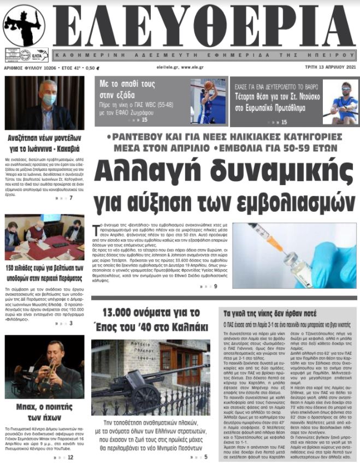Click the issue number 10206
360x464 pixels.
[43, 68]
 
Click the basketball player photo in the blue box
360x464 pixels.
[206, 101]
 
